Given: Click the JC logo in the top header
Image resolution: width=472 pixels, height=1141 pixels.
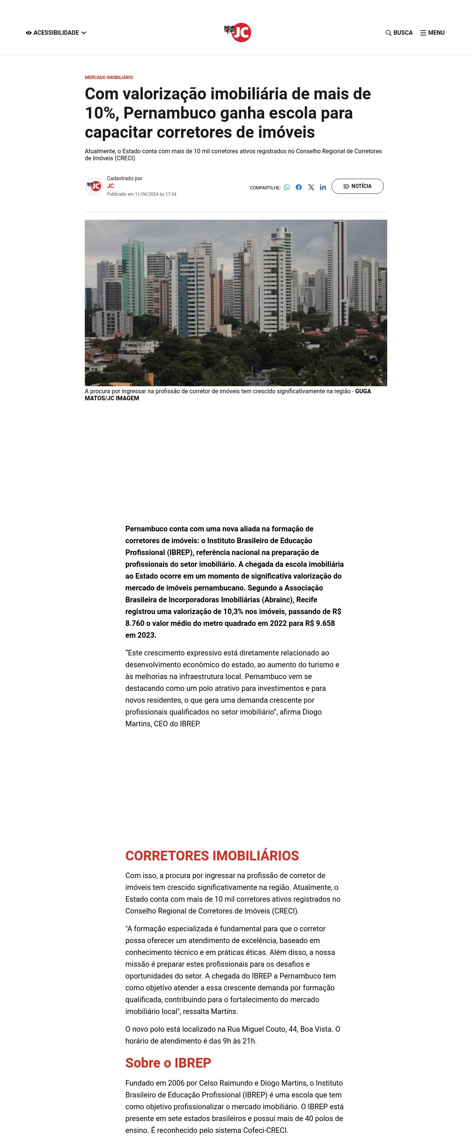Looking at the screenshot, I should click(x=237, y=32).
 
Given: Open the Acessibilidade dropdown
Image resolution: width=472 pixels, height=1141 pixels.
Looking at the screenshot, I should click(x=56, y=33).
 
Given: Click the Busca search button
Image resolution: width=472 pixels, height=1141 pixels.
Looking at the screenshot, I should click(x=399, y=33).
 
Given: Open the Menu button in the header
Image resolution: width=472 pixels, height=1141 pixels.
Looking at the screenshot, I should click(x=432, y=33).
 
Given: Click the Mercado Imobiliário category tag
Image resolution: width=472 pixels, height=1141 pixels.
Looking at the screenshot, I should click(x=109, y=78).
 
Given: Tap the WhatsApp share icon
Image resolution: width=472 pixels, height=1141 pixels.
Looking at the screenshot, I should click(x=287, y=187).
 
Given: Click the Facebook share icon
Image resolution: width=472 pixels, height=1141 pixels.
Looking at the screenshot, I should click(x=299, y=187).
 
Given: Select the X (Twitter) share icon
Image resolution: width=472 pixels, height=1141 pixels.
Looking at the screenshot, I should click(x=311, y=187).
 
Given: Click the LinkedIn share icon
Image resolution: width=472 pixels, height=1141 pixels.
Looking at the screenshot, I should click(x=323, y=187).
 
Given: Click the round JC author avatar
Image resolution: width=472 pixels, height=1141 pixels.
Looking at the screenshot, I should click(x=94, y=186).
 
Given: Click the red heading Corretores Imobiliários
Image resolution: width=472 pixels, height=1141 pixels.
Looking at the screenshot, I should click(x=212, y=855).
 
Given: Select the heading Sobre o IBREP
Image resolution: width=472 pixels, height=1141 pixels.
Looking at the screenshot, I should click(x=168, y=1063).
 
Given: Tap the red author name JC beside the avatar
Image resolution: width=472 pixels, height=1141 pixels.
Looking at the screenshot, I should click(x=111, y=186).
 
